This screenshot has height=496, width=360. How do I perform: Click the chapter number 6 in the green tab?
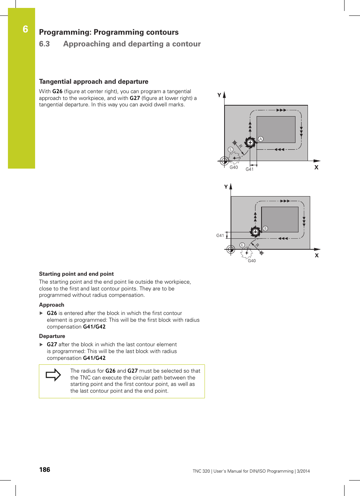coord(25,29)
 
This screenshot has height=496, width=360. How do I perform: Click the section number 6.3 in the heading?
coord(44,44)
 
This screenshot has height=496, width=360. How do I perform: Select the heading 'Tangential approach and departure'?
coord(94,81)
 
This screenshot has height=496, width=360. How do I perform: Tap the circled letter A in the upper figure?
coord(261,139)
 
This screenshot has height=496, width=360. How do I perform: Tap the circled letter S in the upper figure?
coord(230,150)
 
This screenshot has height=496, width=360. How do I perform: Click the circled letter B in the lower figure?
coord(265,229)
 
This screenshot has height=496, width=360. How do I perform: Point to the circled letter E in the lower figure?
coord(242,245)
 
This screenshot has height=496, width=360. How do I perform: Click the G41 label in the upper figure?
coord(249,169)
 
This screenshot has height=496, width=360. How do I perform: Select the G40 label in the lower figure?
coord(252,261)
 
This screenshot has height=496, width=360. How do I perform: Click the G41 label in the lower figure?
coord(220,235)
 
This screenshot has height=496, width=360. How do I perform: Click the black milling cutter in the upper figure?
coord(250,143)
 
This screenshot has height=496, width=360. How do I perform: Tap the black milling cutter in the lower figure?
coord(255,232)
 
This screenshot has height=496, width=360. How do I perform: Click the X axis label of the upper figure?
coord(316,167)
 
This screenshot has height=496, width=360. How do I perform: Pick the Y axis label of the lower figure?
coord(226,187)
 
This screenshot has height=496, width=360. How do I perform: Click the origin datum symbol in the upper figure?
coord(224,161)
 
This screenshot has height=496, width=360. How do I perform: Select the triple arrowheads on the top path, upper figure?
coord(281,110)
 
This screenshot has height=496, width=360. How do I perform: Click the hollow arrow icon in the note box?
coord(53,375)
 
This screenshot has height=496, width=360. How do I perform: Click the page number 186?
coord(45,470)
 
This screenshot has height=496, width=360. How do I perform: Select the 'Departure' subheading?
coord(52,336)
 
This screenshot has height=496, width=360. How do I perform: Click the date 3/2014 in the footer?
coord(303,471)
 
